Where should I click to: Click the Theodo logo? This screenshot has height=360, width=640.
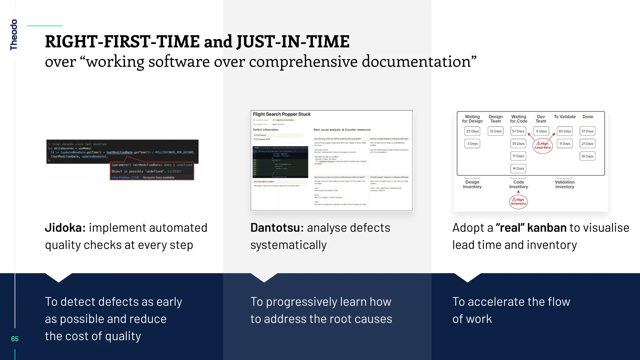tap(13, 35)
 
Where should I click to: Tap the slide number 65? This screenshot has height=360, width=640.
tap(15, 339)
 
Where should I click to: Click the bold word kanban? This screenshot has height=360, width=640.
tap(547, 228)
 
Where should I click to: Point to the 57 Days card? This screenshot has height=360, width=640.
tap(518, 131)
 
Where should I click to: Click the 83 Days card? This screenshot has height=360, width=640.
tap(565, 131)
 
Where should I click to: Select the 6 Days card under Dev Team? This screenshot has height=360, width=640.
tap(542, 131)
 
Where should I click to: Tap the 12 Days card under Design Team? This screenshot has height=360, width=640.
tap(496, 131)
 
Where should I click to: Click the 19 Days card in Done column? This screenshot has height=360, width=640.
tap(587, 156)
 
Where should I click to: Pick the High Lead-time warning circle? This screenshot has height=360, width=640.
tap(542, 146)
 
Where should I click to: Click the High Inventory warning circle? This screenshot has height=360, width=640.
tap(518, 202)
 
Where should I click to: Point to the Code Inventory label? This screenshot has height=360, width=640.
tap(518, 184)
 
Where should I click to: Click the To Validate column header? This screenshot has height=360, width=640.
tap(564, 117)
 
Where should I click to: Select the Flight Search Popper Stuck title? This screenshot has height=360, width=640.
tap(282, 114)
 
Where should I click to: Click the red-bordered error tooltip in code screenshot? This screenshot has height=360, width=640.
tap(152, 171)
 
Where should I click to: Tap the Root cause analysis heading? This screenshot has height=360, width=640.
tap(342, 130)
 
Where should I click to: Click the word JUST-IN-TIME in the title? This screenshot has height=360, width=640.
tap(293, 42)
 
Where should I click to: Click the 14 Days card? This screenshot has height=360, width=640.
tap(518, 168)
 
